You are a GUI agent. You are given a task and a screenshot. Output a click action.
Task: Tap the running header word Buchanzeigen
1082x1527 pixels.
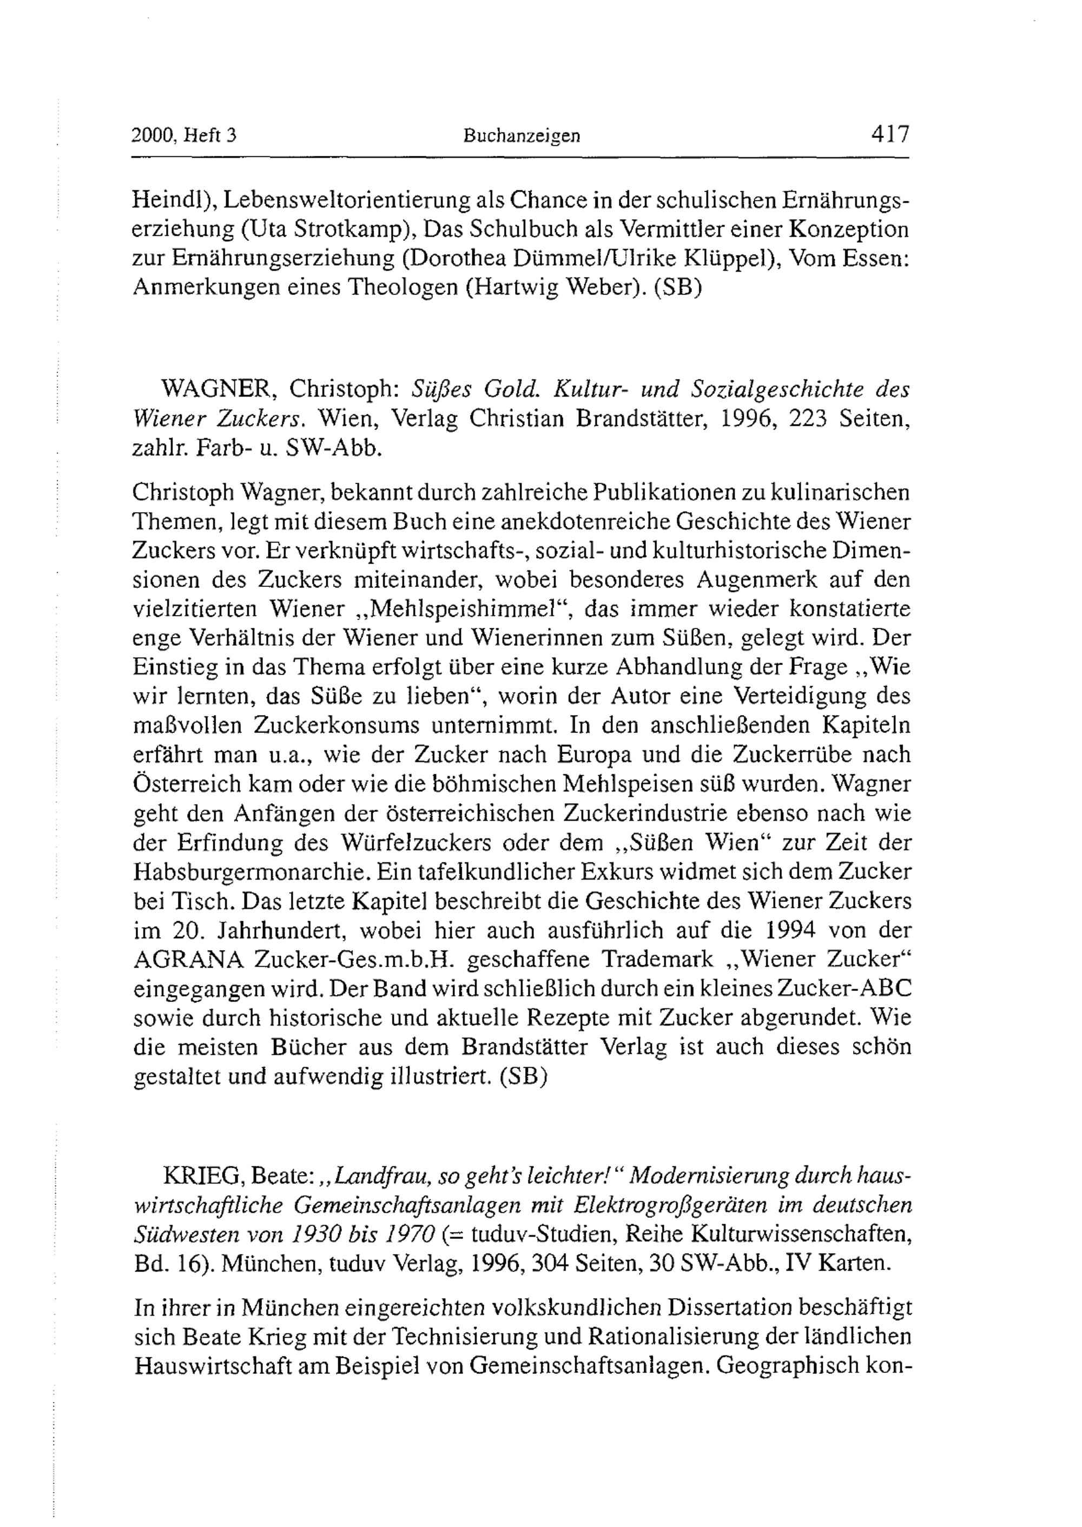click(x=522, y=136)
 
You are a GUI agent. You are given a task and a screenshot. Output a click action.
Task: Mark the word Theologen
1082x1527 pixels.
click(x=405, y=288)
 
